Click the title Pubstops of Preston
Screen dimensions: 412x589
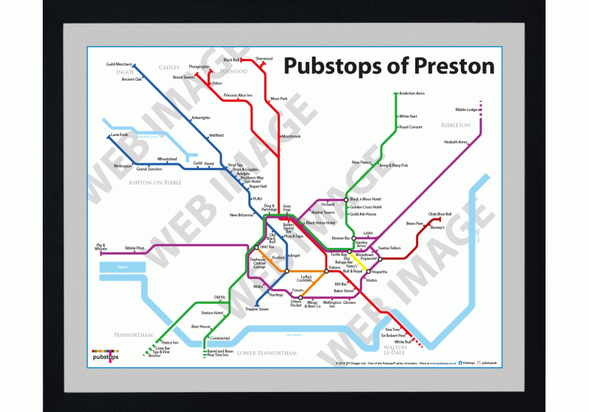coord(389,66)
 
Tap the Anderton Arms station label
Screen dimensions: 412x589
coord(412,94)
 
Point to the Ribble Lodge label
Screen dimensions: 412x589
coord(466,110)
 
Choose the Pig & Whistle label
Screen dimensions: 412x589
coord(101,247)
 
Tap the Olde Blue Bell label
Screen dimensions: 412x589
coord(440,214)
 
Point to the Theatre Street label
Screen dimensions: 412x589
coord(256,309)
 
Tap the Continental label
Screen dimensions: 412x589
coord(220,338)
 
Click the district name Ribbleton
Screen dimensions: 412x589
coord(455,125)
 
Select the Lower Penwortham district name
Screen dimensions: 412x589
coord(266,354)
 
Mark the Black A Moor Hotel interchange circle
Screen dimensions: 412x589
coord(345,199)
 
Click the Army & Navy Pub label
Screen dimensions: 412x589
coord(393,166)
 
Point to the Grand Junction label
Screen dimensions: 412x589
coord(149,169)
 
